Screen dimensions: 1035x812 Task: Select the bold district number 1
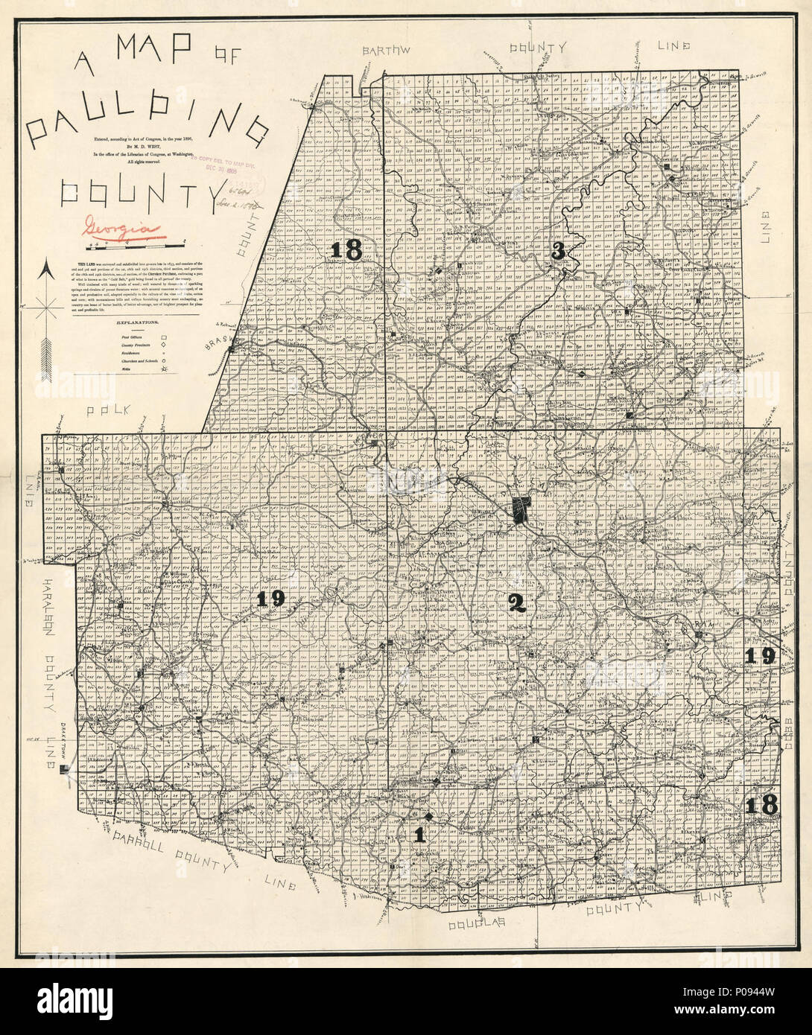click(419, 835)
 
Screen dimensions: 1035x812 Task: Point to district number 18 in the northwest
click(348, 250)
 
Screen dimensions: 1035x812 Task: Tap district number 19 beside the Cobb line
click(761, 655)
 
